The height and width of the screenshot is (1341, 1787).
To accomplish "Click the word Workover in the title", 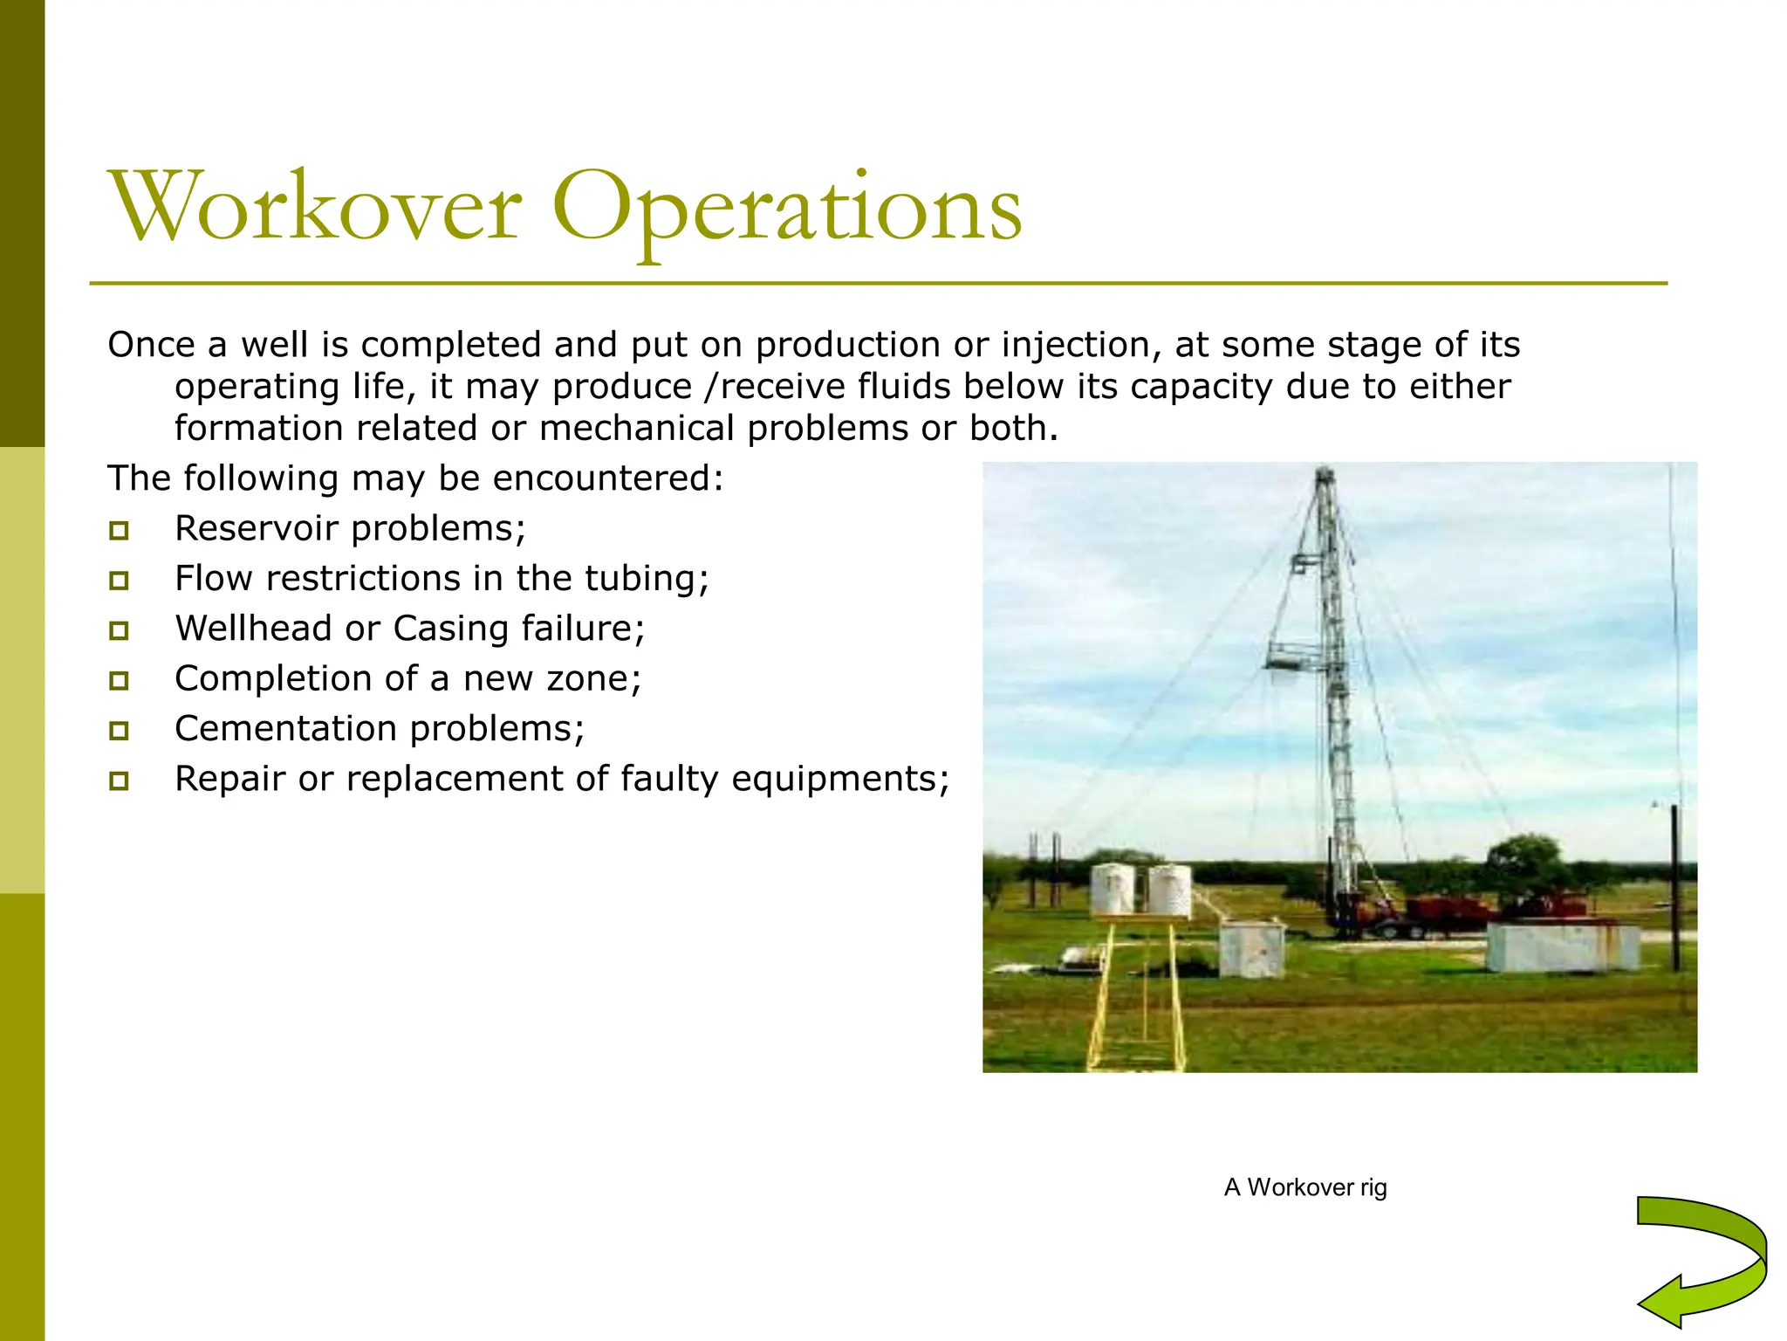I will (316, 207).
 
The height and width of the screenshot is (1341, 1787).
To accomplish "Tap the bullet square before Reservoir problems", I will (120, 530).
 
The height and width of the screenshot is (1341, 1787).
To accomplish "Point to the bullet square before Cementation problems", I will (120, 730).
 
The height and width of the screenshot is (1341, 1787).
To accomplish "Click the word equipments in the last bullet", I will (840, 779).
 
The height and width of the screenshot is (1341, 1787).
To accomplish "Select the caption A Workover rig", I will (1305, 1187).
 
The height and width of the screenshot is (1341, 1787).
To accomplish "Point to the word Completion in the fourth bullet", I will (261, 679).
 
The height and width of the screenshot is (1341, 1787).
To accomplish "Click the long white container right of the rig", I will (1562, 947).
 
